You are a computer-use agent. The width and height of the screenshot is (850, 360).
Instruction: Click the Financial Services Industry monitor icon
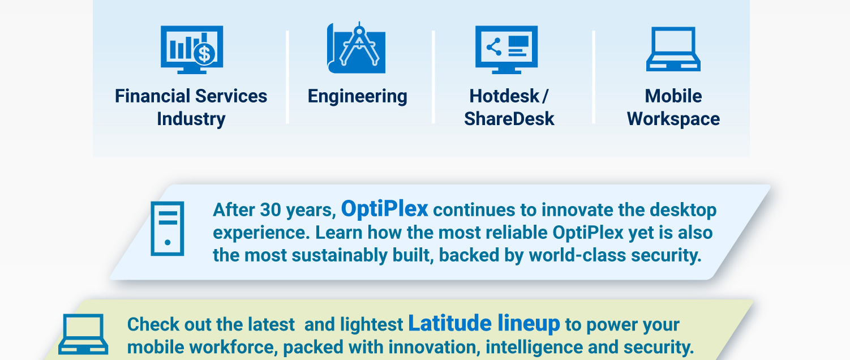point(191,50)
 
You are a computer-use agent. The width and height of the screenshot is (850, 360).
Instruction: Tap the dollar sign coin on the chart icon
point(204,54)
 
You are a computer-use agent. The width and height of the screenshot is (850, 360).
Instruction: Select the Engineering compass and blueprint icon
point(357,49)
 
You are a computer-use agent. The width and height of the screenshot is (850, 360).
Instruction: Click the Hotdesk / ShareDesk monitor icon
point(506,50)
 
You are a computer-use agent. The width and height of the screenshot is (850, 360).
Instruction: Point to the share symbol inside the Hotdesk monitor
point(493,46)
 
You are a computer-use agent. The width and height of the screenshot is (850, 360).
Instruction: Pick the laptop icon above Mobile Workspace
point(673,50)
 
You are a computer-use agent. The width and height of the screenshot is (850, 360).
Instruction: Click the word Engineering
point(357,96)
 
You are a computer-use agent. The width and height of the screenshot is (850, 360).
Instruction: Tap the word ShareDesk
point(509,119)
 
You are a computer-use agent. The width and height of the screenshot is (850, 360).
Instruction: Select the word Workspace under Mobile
point(673,119)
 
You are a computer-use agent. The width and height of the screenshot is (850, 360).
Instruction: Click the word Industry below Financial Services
point(191,119)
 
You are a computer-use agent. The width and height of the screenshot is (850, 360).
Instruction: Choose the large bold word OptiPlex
point(385,209)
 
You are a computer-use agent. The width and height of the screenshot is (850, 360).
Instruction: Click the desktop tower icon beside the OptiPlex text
point(167,229)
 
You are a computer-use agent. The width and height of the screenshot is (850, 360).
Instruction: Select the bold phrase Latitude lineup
point(484,323)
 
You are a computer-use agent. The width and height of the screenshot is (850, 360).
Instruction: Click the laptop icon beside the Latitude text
point(83,334)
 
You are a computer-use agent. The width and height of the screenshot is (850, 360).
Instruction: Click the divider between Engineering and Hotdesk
point(433,77)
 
